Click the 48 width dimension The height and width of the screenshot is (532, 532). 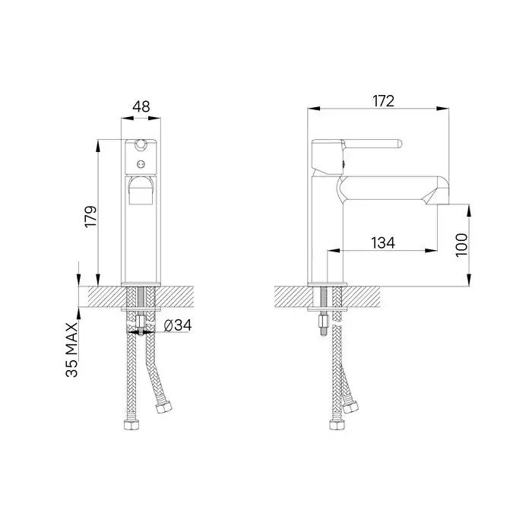[x=141, y=107]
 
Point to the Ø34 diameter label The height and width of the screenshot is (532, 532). [x=177, y=325]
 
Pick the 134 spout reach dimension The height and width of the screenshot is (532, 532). [x=383, y=242]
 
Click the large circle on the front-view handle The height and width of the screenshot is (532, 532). [x=141, y=146]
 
